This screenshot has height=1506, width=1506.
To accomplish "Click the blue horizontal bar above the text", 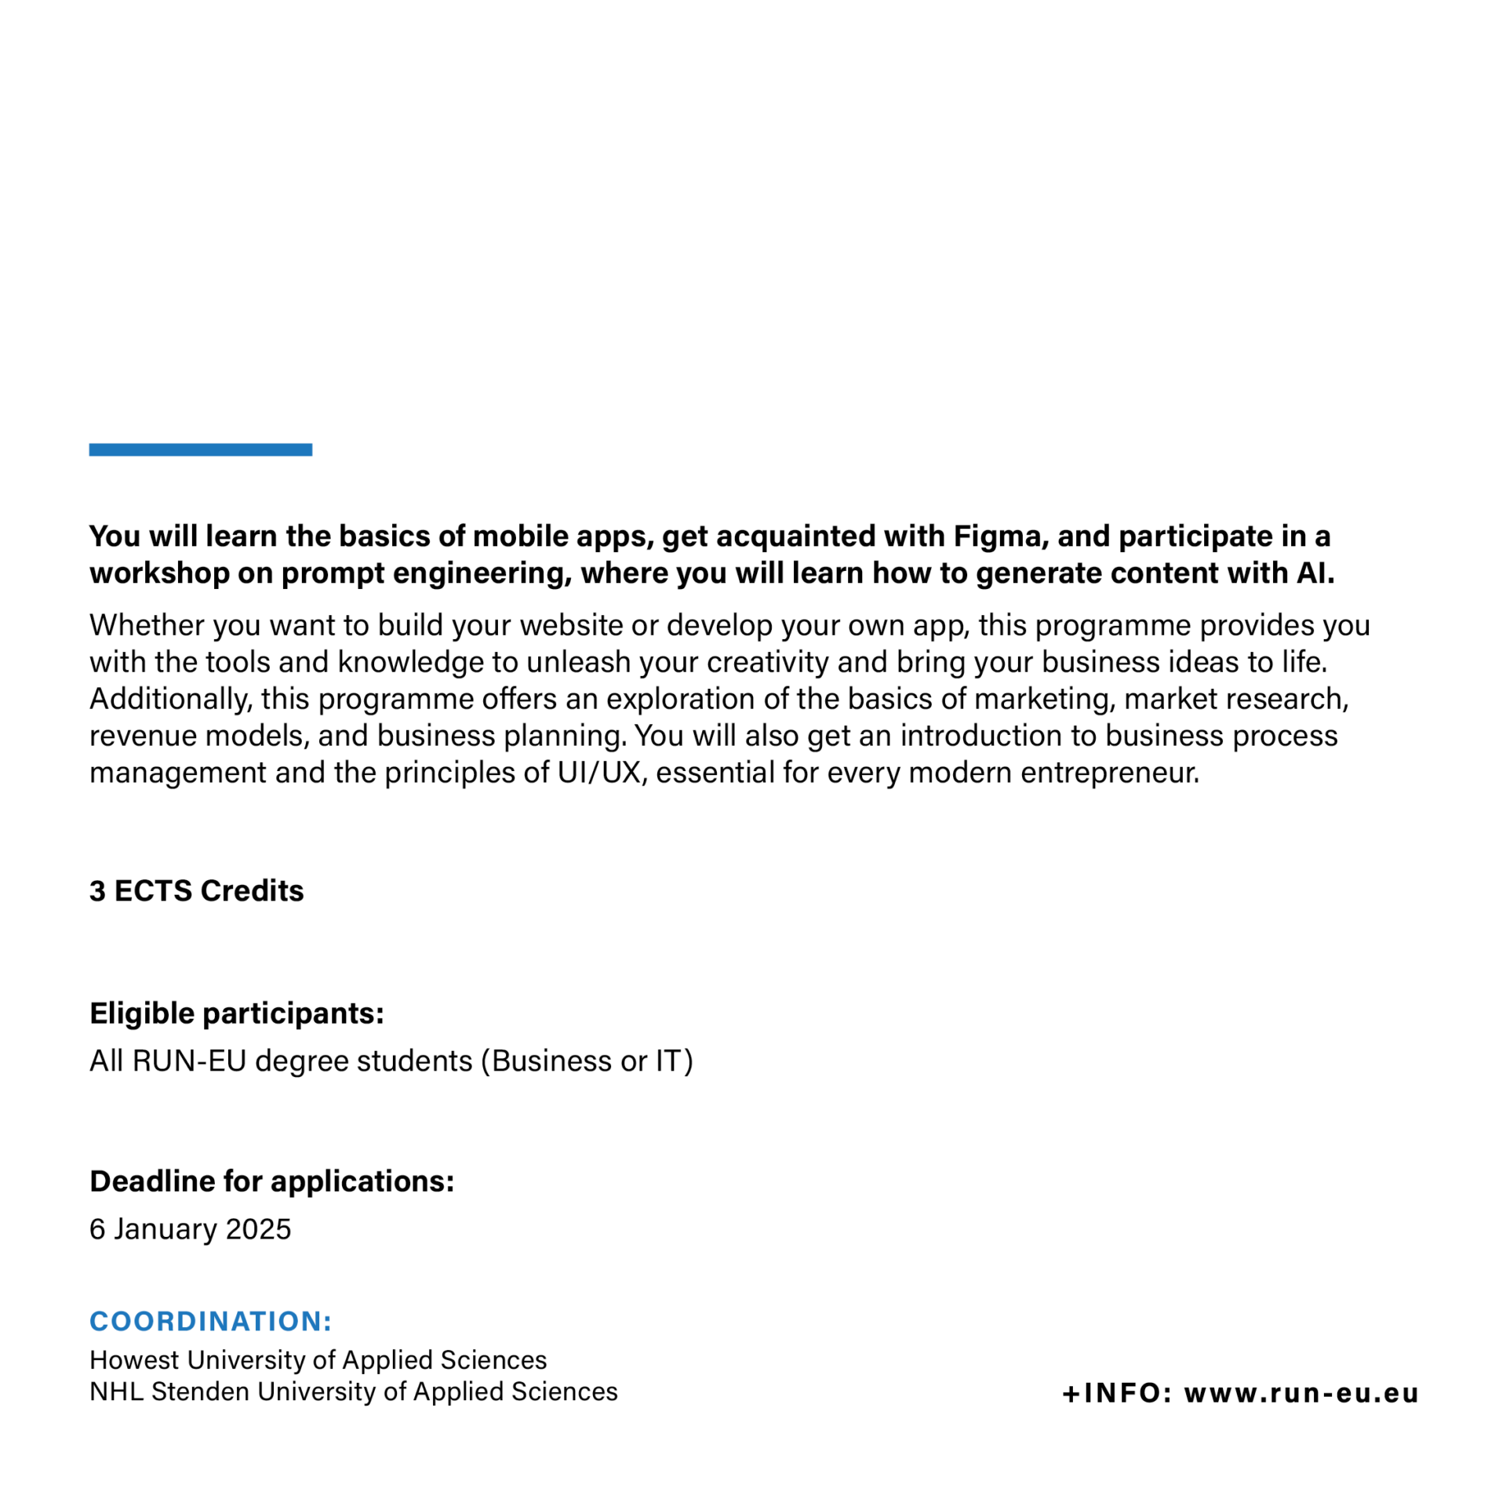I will pos(200,449).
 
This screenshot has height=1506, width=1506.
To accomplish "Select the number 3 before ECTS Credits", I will pos(97,891).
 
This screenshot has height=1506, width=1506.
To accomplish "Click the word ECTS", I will pos(153,891).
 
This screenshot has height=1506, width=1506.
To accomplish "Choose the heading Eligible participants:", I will pos(237,1013).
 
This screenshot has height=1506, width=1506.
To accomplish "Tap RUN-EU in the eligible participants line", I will pos(189,1060).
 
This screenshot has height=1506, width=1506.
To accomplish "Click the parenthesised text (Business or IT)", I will pos(587,1060).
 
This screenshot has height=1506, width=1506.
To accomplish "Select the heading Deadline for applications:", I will pos(272,1181).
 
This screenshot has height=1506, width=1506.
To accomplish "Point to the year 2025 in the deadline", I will pos(258,1228).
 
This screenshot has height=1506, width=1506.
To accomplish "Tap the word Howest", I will pos(134,1359).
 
